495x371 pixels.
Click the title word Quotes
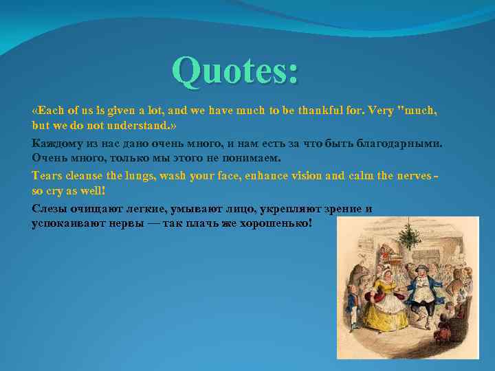point(235,71)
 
